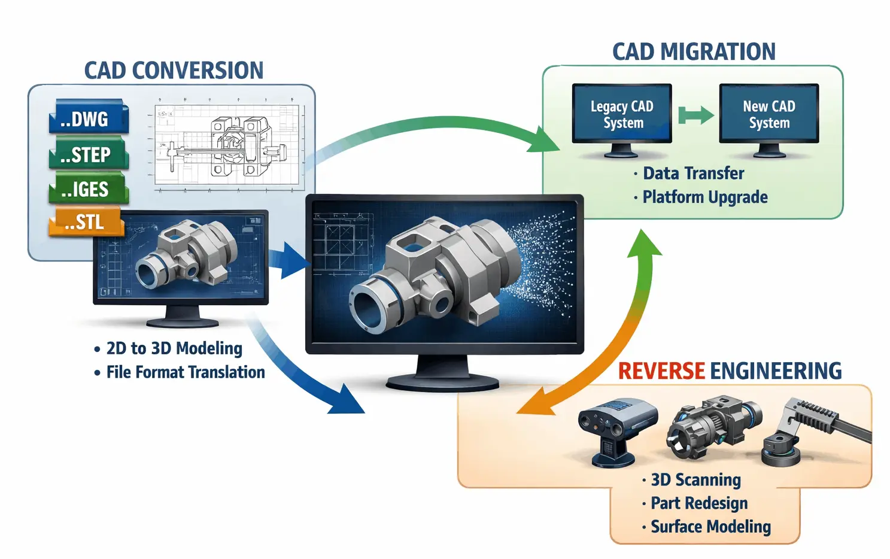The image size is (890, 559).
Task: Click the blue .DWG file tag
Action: pos(88,118)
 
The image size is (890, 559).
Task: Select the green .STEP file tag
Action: pos(88,154)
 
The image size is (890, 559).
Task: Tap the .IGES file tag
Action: pos(88,189)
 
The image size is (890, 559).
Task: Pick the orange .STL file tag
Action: pos(86,222)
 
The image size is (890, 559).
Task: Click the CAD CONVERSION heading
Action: pos(174,71)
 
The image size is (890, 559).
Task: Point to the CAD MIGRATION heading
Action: pos(693,52)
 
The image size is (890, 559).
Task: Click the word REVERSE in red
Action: pos(661,371)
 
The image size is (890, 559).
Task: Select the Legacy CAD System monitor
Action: pos(622,114)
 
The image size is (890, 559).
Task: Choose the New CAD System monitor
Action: pos(769,114)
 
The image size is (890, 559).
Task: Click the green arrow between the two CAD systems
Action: pos(695,115)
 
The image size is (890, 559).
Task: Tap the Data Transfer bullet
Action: pos(692,174)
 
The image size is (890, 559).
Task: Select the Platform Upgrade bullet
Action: pos(704,197)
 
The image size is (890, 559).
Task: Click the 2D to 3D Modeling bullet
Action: pos(174,348)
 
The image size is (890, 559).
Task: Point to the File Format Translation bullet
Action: pos(185,372)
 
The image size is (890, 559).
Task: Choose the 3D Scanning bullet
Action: pos(695,480)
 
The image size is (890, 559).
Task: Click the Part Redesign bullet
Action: pos(698,503)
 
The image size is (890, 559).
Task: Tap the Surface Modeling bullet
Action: pos(710,527)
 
